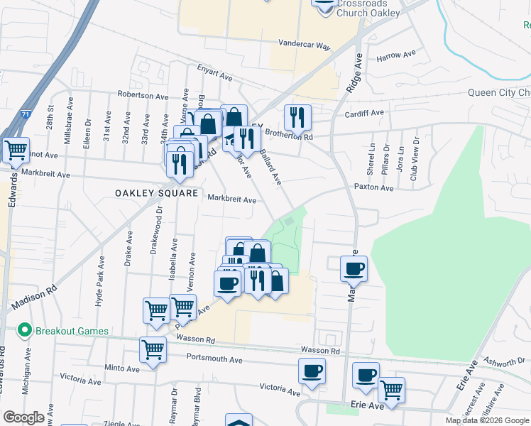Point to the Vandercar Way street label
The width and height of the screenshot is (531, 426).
tap(304, 45)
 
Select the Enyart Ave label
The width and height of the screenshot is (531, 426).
tap(215, 76)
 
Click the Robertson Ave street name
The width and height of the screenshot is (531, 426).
tap(143, 95)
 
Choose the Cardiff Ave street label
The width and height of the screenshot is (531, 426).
tap(364, 112)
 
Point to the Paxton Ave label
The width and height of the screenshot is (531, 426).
tap(374, 188)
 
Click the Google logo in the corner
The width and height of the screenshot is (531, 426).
tap(23, 417)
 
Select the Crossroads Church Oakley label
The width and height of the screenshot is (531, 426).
tap(368, 8)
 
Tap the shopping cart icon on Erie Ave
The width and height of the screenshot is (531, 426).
tap(391, 388)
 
